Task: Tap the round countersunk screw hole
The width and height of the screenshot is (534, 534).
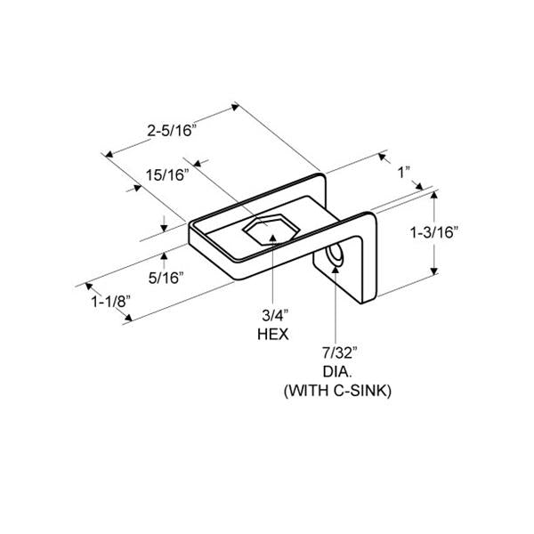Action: tap(336, 258)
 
